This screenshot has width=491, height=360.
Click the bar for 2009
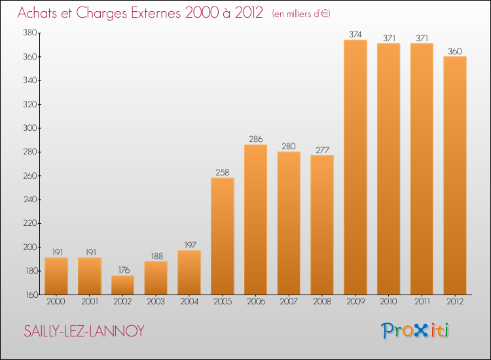point(355,167)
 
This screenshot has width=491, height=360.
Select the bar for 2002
point(122,285)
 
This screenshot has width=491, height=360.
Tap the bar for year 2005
point(223,236)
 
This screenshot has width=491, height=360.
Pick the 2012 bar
point(455,175)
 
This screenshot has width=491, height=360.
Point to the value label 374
point(355,34)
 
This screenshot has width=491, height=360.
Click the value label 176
point(122,270)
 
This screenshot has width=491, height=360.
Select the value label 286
point(256,139)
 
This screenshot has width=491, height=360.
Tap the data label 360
point(455,50)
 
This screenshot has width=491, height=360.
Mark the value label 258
point(223,172)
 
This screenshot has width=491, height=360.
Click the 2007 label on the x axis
point(289,302)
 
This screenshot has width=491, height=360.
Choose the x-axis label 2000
point(56,302)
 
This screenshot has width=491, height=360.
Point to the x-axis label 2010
point(389,302)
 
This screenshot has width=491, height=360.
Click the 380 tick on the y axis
point(29,33)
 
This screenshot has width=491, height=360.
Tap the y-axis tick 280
point(29,152)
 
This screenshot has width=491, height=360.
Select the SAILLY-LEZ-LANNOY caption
point(84,331)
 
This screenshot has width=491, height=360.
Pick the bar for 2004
point(189,272)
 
